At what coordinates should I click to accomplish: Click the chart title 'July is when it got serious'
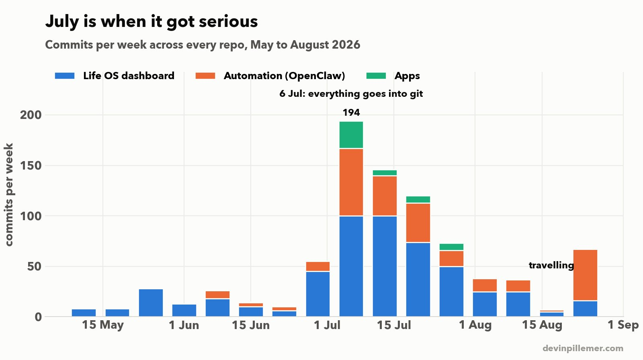[151, 22]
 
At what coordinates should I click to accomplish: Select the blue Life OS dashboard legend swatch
[65, 76]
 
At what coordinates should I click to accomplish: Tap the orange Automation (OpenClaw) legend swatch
[205, 76]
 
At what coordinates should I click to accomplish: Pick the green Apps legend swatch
[376, 76]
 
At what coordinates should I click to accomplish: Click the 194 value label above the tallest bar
[351, 112]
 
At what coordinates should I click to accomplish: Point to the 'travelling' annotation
[551, 265]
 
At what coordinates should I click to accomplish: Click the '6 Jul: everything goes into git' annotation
[351, 94]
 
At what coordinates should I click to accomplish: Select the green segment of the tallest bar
[351, 135]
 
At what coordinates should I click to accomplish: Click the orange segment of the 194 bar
[351, 182]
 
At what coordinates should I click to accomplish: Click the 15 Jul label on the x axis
[394, 325]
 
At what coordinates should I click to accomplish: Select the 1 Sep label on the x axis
[623, 325]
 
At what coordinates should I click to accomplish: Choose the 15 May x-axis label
[103, 325]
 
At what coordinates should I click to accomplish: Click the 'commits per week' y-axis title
[9, 194]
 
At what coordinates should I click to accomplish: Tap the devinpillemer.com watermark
[583, 348]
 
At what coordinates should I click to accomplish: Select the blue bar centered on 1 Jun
[184, 310]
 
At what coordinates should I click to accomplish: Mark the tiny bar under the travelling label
[552, 313]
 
